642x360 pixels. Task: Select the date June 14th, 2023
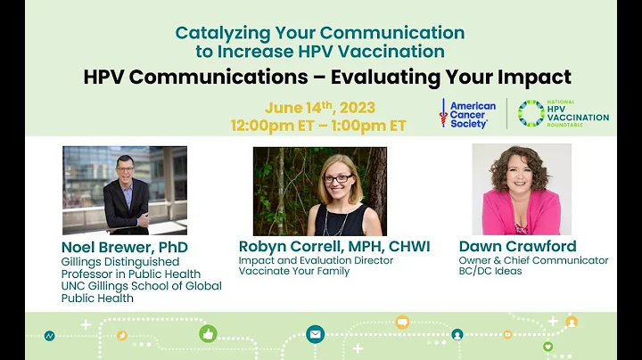click(x=319, y=108)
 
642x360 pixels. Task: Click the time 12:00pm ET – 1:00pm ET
click(x=319, y=126)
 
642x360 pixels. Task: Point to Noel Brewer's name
click(x=124, y=247)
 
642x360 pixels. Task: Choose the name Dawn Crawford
click(x=517, y=246)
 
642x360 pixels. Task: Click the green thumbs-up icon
click(x=209, y=333)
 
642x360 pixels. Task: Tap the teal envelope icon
click(x=315, y=334)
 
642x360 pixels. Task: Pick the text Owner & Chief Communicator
click(x=533, y=260)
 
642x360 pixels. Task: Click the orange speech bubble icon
click(x=402, y=322)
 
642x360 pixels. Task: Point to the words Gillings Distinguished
click(x=119, y=262)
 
